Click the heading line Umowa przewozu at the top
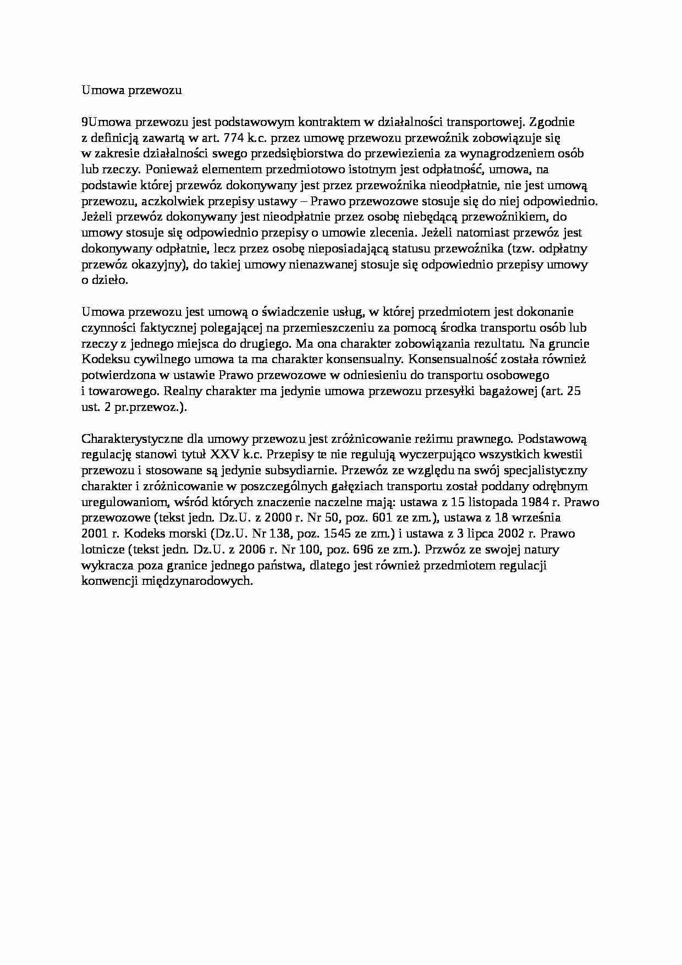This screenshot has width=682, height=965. [131, 90]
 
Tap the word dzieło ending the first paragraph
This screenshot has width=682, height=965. [111, 281]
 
